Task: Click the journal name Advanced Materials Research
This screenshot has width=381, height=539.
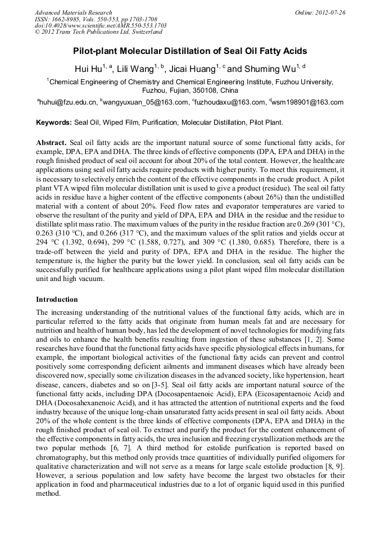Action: pos(73,12)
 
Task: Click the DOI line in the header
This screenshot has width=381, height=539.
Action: pos(101,25)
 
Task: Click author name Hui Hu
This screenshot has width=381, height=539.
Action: pos(88,70)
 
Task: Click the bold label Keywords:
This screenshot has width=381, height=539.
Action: pos(54,122)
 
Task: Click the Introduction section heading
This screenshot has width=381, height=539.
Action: pos(57,299)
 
